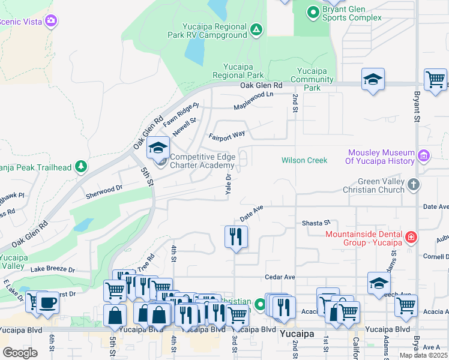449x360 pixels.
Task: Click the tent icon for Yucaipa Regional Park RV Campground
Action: pyautogui.click(x=256, y=29)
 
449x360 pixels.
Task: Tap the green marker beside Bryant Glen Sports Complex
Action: pyautogui.click(x=312, y=11)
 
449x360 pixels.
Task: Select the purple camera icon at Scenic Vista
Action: pyautogui.click(x=51, y=21)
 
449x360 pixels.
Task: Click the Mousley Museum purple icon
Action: pyautogui.click(x=424, y=156)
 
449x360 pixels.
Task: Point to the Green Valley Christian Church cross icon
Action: pyautogui.click(x=413, y=185)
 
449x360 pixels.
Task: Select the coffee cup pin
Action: pyautogui.click(x=47, y=302)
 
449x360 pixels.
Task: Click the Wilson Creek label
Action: pyautogui.click(x=304, y=160)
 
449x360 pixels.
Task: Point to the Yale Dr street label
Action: pyautogui.click(x=229, y=185)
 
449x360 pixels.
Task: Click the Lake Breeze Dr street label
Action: pyautogui.click(x=53, y=270)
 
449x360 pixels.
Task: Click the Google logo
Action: pyautogui.click(x=20, y=353)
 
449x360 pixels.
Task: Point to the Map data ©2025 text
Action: pyautogui.click(x=423, y=355)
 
